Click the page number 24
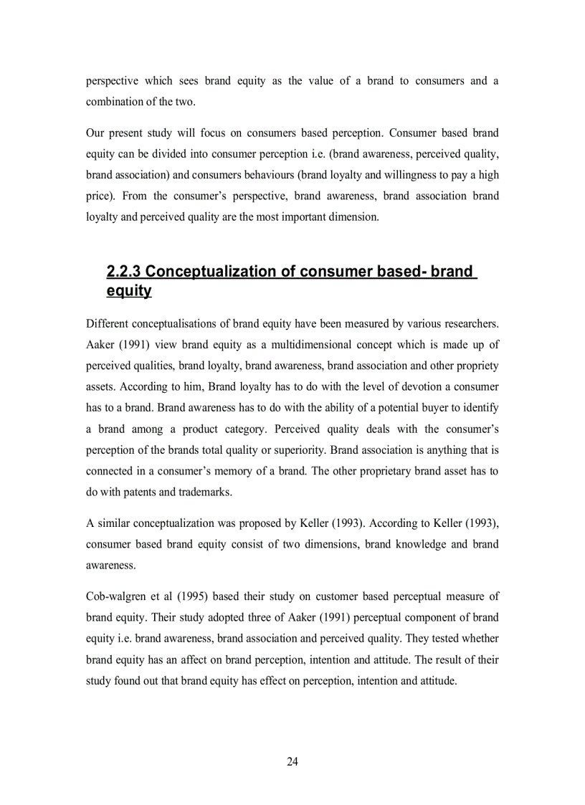pos(292,761)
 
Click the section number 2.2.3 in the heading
pos(123,272)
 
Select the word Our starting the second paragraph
pos(95,133)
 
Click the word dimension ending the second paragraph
pos(353,216)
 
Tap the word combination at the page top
pos(115,102)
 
